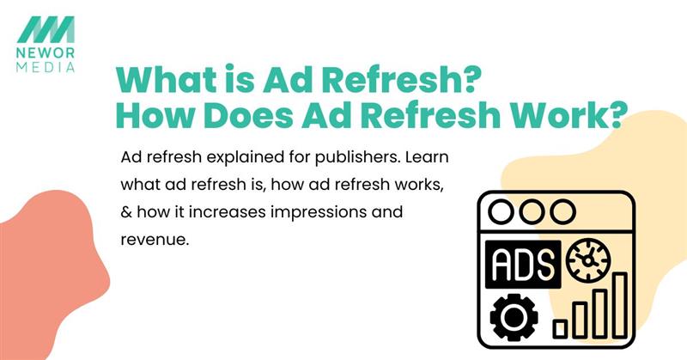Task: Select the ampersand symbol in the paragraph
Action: pyautogui.click(x=129, y=212)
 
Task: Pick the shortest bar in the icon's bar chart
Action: pyautogui.click(x=560, y=327)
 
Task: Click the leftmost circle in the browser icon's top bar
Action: pyautogui.click(x=505, y=211)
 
